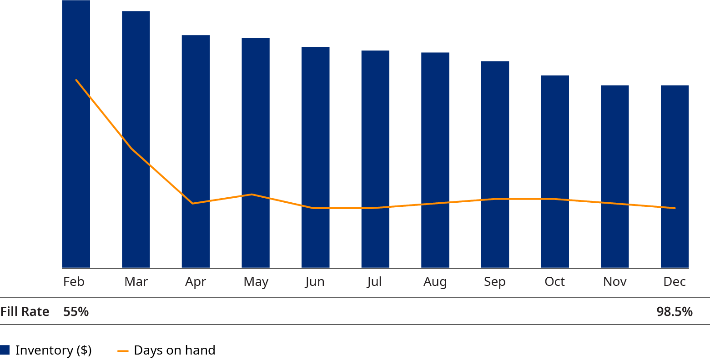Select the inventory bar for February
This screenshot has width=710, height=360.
76,173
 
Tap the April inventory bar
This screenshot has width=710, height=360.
196,236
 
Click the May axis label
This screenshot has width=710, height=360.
256,282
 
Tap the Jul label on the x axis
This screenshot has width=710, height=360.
374,282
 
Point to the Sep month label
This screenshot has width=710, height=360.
494,282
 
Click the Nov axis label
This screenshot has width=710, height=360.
614,282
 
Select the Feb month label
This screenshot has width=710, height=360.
74,282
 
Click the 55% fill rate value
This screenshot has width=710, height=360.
76,312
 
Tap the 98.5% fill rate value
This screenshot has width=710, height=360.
675,312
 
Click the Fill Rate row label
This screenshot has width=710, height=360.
25,312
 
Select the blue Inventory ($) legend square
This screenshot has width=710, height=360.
5,350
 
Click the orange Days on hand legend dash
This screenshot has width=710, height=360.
123,351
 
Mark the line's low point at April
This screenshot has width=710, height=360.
193,203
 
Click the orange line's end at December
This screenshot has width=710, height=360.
675,208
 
